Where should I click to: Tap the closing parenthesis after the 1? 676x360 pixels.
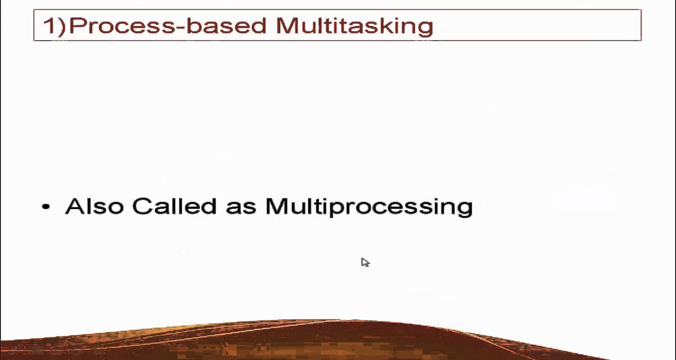[x=62, y=26]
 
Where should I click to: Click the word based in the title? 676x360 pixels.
[x=226, y=26]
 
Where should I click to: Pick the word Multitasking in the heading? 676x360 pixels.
[x=354, y=26]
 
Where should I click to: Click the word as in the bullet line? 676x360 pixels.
[x=241, y=207]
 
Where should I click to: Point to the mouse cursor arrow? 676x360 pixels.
[x=365, y=262]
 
